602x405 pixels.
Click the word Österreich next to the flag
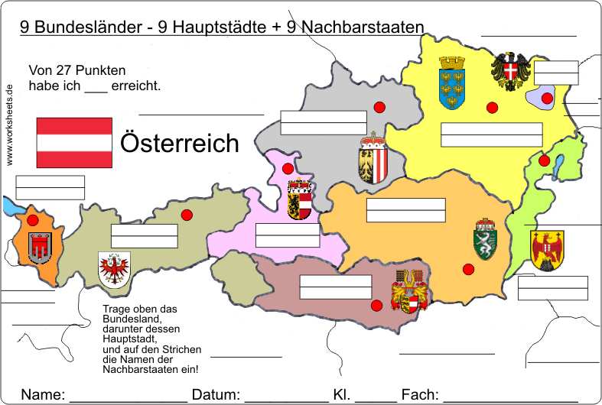180,143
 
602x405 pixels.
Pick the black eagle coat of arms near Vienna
509,71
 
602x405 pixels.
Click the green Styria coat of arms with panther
486,239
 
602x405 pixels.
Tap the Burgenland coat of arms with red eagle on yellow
547,250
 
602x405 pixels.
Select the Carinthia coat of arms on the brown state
409,292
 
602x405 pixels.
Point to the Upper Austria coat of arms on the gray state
372,158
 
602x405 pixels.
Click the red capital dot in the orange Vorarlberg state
32,220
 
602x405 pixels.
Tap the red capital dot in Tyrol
186,215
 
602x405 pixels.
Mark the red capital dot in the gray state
379,107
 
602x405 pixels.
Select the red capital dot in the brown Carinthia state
376,306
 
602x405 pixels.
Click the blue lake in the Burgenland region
558,164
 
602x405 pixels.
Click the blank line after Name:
128,397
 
